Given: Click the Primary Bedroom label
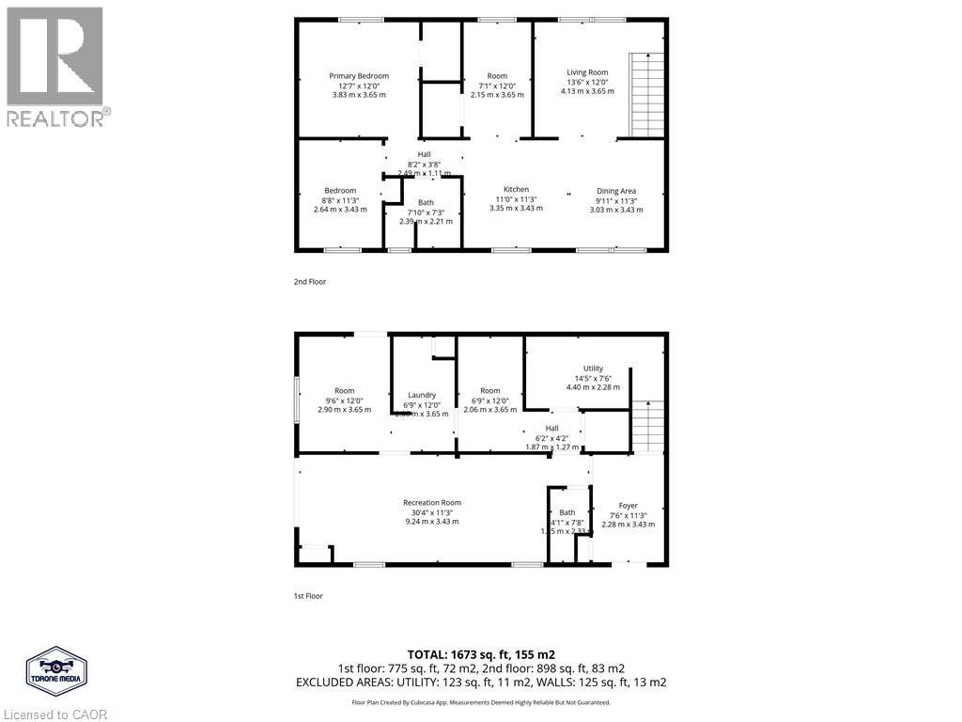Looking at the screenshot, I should click(x=359, y=76).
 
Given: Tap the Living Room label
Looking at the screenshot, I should click(x=587, y=72).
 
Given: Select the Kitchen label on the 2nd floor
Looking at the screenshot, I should click(x=516, y=189).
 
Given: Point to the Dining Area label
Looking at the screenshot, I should click(x=616, y=191).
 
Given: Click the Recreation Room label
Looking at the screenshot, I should click(x=432, y=502).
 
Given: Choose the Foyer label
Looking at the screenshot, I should click(x=628, y=505).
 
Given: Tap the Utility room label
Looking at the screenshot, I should click(x=593, y=369).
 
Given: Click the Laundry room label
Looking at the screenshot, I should click(x=422, y=395).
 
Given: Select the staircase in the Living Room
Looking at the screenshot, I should click(x=646, y=95).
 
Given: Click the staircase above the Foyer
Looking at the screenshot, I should click(x=647, y=426).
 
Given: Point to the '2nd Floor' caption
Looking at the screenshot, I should click(x=310, y=281).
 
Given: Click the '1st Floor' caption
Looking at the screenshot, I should click(x=309, y=595).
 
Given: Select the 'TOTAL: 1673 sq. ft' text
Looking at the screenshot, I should click(x=481, y=653).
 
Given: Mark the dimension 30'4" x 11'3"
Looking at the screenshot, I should click(x=432, y=512).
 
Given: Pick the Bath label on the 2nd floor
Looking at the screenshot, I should click(x=426, y=202).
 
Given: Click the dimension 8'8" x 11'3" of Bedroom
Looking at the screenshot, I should click(x=339, y=199).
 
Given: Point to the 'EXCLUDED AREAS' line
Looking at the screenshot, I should click(x=481, y=682).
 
